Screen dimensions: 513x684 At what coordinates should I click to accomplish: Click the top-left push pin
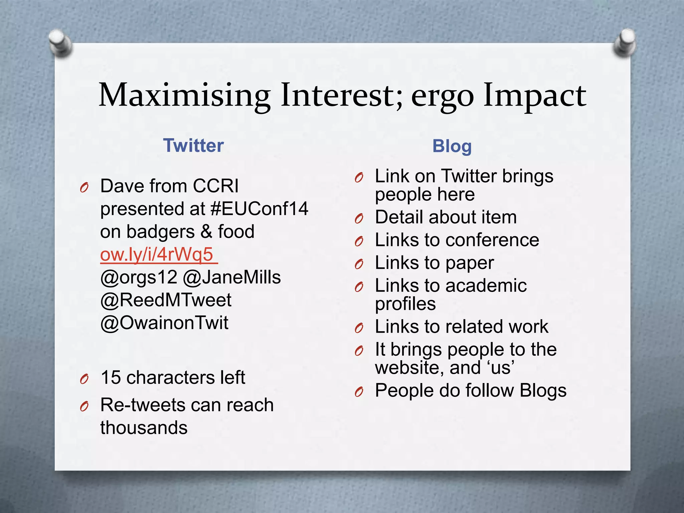pyautogui.click(x=60, y=43)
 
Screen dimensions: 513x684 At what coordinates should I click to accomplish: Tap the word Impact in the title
pyautogui.click(x=534, y=96)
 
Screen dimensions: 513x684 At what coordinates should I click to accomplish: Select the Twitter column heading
pyautogui.click(x=193, y=146)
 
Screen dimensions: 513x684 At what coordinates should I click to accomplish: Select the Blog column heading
pyautogui.click(x=452, y=146)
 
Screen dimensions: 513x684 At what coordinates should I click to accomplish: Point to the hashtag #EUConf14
pyautogui.click(x=260, y=209)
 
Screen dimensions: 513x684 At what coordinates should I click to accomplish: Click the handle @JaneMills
pyautogui.click(x=232, y=277)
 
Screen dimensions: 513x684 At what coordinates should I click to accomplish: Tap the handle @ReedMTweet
pyautogui.click(x=166, y=300)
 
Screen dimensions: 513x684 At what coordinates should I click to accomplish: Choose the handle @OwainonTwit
pyautogui.click(x=164, y=323)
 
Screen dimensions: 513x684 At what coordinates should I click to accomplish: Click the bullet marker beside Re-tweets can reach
pyautogui.click(x=84, y=406)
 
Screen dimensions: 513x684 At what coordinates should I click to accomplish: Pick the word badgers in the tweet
pyautogui.click(x=160, y=232)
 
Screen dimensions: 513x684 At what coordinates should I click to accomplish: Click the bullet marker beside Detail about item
pyautogui.click(x=359, y=219)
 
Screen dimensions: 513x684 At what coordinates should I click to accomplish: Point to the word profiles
pyautogui.click(x=405, y=304)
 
